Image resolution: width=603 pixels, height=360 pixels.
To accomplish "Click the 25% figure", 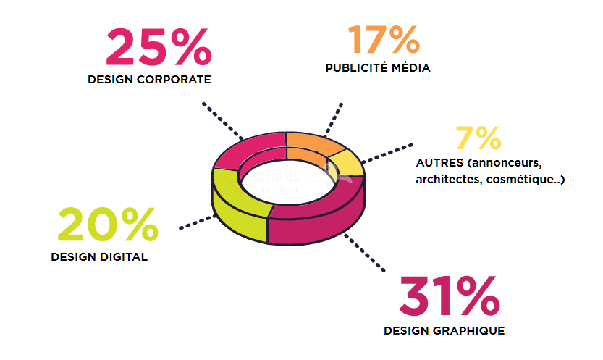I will click(x=159, y=47).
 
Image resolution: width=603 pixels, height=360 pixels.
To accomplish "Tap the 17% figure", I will click(x=384, y=41).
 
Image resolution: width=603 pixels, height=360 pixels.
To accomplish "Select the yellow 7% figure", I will click(x=478, y=138).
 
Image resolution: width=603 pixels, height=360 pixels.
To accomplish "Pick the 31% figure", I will click(x=449, y=297).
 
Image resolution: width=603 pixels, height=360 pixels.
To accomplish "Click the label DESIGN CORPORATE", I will click(x=149, y=80).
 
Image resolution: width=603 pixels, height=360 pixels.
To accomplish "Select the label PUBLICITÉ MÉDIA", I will click(x=377, y=68).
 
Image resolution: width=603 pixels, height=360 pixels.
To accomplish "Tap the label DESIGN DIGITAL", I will click(x=99, y=256).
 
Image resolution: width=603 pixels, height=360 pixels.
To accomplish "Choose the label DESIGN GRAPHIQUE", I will click(x=444, y=331).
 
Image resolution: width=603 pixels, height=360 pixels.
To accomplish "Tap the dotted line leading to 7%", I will click(x=387, y=151).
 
